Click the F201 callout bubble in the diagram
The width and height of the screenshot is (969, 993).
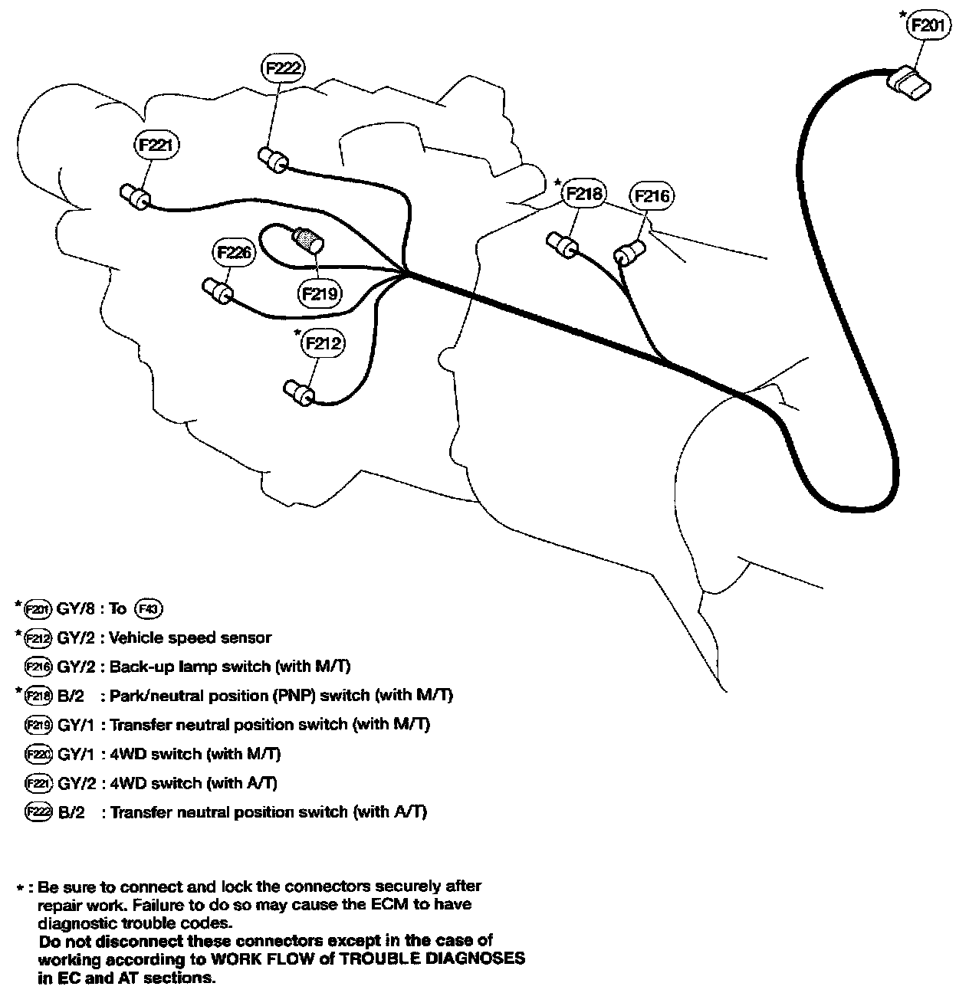pyautogui.click(x=929, y=25)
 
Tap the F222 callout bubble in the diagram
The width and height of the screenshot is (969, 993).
pyautogui.click(x=284, y=67)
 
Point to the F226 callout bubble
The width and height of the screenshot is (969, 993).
pyautogui.click(x=233, y=252)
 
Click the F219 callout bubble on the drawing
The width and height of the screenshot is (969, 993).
pyautogui.click(x=320, y=293)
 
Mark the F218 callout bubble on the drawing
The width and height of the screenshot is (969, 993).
pyautogui.click(x=583, y=194)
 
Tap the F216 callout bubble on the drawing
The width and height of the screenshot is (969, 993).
pyautogui.click(x=652, y=196)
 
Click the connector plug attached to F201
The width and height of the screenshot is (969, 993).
pyautogui.click(x=908, y=83)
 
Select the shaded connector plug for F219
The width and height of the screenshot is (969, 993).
pyautogui.click(x=309, y=239)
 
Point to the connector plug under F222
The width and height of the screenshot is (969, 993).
pyautogui.click(x=272, y=160)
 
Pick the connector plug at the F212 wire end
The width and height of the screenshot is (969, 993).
pyautogui.click(x=298, y=392)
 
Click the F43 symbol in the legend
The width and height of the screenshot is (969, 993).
pyautogui.click(x=149, y=609)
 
